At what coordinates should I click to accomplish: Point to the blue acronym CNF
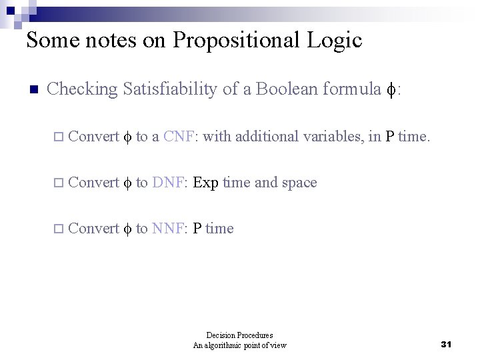pyautogui.click(x=178, y=137)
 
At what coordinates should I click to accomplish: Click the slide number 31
pyautogui.click(x=447, y=344)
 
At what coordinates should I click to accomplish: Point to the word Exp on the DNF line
pyautogui.click(x=205, y=183)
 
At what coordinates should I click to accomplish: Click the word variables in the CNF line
pyautogui.click(x=333, y=137)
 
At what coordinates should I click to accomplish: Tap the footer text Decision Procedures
pyautogui.click(x=239, y=335)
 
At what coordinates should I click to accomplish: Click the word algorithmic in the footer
pyautogui.click(x=229, y=345)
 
